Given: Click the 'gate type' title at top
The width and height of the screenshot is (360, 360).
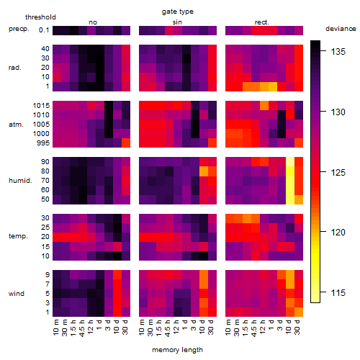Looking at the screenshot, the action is click(178, 12).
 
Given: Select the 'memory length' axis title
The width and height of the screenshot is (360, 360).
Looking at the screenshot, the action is click(177, 350).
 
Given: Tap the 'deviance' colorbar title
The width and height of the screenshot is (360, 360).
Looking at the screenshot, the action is click(341, 29).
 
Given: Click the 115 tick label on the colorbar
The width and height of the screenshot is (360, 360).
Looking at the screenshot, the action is click(338, 292).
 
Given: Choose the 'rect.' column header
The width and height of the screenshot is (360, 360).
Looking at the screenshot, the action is click(262, 22).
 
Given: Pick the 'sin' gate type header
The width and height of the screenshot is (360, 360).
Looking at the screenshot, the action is click(177, 22).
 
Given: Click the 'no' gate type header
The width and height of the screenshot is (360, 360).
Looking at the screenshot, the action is click(93, 22).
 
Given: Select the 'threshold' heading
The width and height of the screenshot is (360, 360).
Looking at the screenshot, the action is click(40, 17).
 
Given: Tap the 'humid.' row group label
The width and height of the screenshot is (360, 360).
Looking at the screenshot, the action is click(20, 181).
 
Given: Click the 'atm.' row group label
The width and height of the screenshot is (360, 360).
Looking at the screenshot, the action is click(16, 125).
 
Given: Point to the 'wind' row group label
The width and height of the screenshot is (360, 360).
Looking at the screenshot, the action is click(17, 294).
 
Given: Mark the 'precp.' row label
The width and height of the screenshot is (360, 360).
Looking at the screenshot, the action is click(19, 29).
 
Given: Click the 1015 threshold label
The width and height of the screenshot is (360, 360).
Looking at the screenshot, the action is click(41, 105).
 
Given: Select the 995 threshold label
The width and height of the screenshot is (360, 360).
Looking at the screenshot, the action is click(43, 143).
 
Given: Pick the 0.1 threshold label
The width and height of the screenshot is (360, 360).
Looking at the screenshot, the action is click(44, 30).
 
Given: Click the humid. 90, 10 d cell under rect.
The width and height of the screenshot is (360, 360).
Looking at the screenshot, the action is click(290, 162).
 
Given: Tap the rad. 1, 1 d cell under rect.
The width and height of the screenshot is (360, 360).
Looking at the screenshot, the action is click(273, 86).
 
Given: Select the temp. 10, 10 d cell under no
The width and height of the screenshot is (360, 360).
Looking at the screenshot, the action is click(117, 256).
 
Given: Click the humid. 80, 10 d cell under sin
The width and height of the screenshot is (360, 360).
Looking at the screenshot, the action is click(204, 171).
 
